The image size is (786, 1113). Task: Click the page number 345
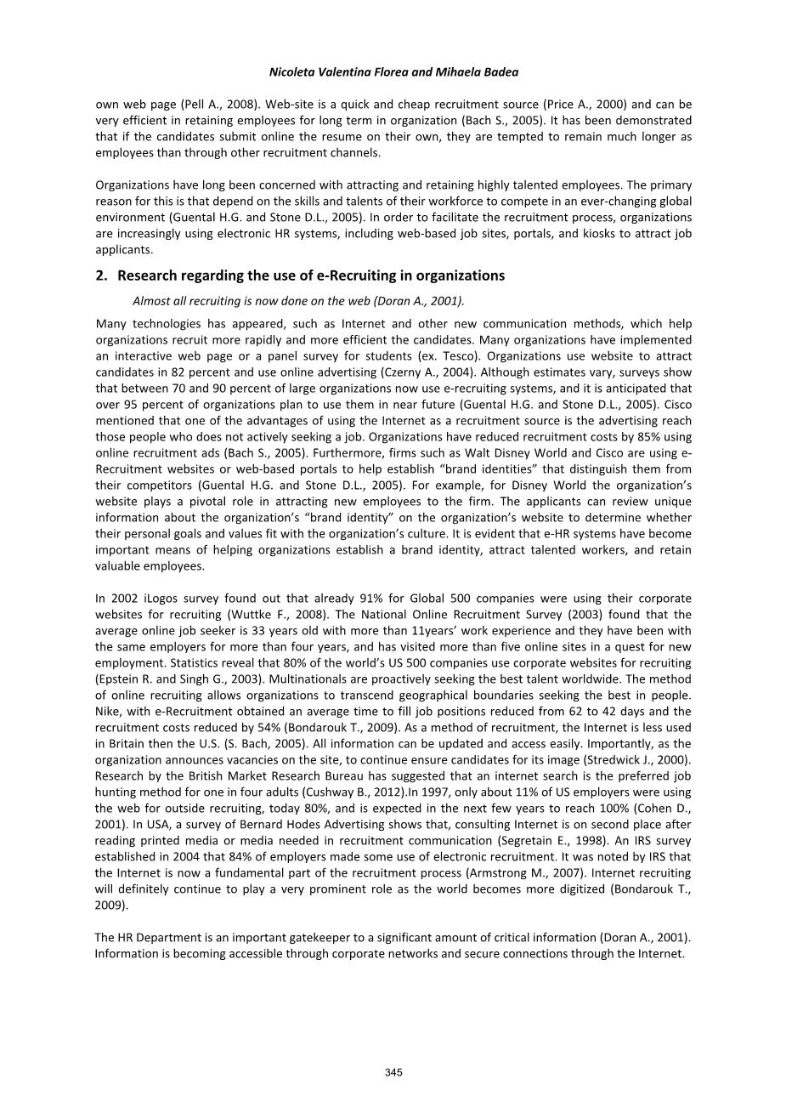click(393, 1072)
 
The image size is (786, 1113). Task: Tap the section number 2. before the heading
click(101, 275)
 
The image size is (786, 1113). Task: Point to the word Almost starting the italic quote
click(150, 301)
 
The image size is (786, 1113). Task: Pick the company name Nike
click(108, 711)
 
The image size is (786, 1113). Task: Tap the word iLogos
click(150, 598)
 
